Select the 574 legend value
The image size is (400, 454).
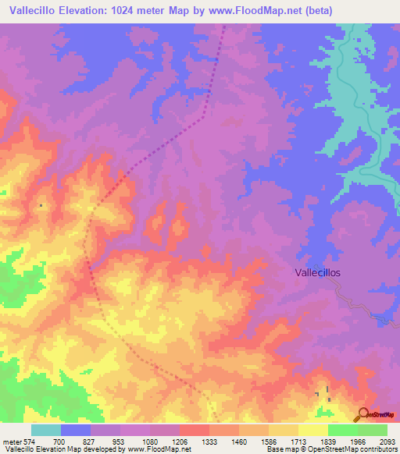tap(28, 442)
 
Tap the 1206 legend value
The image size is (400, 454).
tap(180, 442)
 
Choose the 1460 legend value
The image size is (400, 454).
tap(239, 442)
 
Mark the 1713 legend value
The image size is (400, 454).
tap(298, 442)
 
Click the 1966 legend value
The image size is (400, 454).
tap(358, 442)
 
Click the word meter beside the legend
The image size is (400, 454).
tap(11, 442)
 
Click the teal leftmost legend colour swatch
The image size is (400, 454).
tap(46, 430)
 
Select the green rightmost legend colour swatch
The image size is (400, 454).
tap(373, 430)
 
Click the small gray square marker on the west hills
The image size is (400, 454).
tap(41, 206)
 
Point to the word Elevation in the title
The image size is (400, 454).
tap(85, 11)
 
